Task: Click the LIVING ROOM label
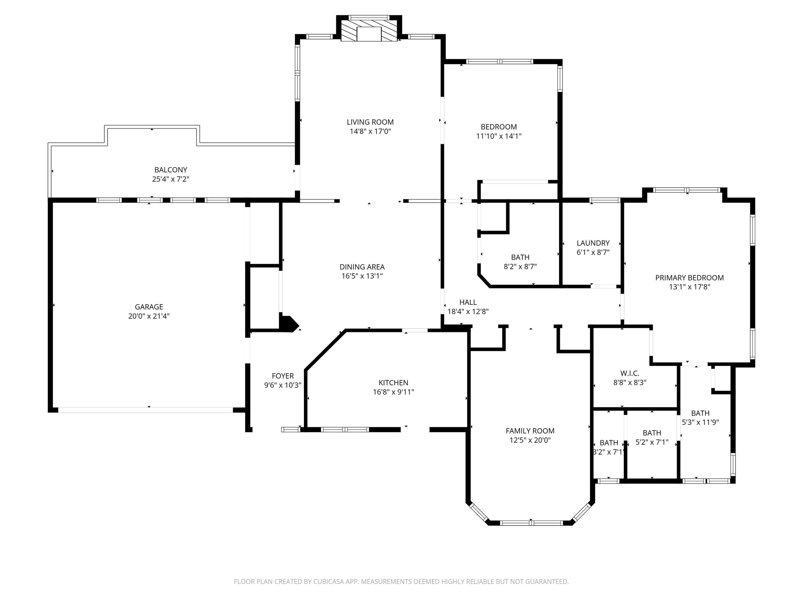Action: [x=370, y=122]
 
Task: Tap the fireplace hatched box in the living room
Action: [x=369, y=31]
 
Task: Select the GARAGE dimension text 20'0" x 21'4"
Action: [x=149, y=316]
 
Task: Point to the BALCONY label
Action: [x=171, y=170]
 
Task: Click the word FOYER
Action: [x=283, y=376]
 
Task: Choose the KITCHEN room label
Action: [x=393, y=383]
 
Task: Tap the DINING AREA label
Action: [x=362, y=267]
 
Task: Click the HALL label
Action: [x=468, y=302]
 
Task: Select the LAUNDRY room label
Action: [x=593, y=243]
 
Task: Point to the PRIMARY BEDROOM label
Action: [x=689, y=278]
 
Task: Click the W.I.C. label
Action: [x=630, y=374]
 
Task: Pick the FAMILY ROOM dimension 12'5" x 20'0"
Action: [x=530, y=440]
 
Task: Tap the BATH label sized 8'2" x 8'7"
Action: [x=520, y=257]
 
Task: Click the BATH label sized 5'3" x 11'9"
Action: [x=700, y=413]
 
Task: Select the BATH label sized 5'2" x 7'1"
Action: [x=652, y=433]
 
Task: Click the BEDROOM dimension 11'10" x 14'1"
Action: [x=499, y=136]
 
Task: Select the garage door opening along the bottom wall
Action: [x=145, y=410]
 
